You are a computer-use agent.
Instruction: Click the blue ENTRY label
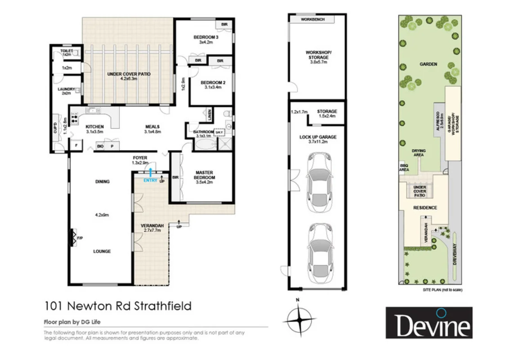[150, 180]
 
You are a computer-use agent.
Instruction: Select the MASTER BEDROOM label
[204, 175]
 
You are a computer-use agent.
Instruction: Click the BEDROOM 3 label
[205, 40]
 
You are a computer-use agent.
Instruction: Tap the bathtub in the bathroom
[205, 144]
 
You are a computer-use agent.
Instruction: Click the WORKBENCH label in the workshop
[312, 20]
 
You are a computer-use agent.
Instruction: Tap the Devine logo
[429, 323]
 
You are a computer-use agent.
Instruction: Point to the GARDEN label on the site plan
[428, 64]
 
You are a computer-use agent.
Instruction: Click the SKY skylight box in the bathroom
[219, 132]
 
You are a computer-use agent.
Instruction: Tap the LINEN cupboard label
[210, 114]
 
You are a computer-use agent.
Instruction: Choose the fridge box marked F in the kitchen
[76, 145]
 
